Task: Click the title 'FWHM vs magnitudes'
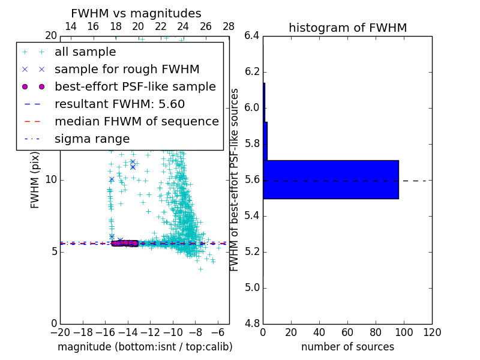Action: coord(136,14)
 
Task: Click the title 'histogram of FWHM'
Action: coord(347,28)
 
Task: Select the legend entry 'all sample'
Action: coord(85,52)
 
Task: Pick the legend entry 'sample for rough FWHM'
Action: coord(127,69)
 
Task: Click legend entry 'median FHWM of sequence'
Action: coord(136,121)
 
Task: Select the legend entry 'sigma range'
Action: coord(92,139)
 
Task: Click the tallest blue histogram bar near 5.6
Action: coord(331,179)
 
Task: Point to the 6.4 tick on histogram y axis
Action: coord(252,36)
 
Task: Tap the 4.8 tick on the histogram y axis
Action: coord(252,324)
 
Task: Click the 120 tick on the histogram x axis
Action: coord(432,332)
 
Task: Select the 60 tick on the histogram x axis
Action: coord(347,332)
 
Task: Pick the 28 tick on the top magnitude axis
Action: coord(229,26)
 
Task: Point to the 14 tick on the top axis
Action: coord(70,26)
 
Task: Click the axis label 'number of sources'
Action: coord(347,347)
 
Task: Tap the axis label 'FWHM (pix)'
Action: coord(35,180)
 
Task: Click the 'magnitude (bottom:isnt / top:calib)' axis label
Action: coord(145,347)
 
